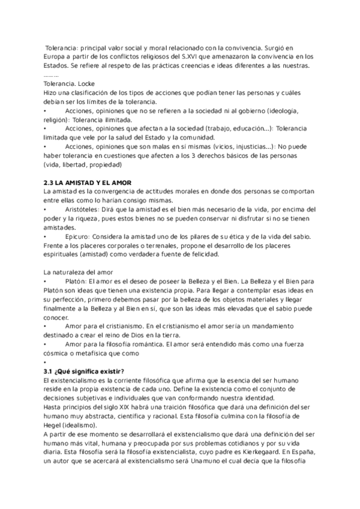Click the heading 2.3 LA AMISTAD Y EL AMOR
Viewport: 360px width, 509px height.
point(88,182)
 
